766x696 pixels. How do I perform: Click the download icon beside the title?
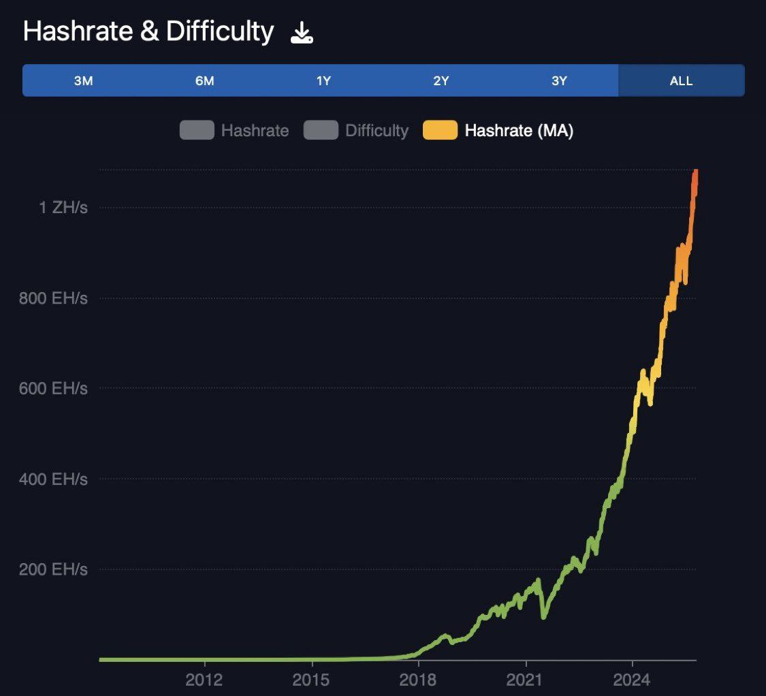(302, 33)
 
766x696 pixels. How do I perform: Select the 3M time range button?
(83, 81)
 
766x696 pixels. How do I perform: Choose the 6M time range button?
(204, 81)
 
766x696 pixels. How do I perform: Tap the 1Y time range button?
(323, 81)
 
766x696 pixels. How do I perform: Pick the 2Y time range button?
(441, 81)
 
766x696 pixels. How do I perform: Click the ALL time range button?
(681, 81)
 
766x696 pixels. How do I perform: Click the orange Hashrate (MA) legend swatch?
(440, 130)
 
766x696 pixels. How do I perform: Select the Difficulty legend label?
(377, 130)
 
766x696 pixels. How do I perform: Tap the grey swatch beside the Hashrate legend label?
(197, 130)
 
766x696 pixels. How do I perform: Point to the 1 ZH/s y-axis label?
(63, 208)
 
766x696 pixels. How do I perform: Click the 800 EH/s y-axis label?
(54, 298)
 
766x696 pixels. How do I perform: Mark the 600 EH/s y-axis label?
(54, 389)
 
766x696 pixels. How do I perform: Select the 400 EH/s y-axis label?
(54, 479)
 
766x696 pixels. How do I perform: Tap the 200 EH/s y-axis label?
(54, 569)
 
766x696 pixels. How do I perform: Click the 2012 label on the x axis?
(204, 679)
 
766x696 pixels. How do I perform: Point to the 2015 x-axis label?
(312, 679)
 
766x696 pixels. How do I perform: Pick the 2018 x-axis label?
(419, 679)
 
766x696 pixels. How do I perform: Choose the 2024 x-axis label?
(633, 679)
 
